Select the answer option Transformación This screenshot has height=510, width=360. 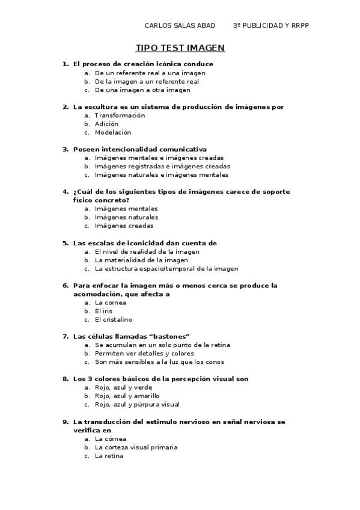click(x=120, y=115)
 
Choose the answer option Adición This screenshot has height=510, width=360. click(x=106, y=124)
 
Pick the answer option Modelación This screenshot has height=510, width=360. click(x=112, y=132)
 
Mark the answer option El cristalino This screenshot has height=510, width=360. click(x=113, y=319)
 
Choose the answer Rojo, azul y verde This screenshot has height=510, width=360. click(x=123, y=387)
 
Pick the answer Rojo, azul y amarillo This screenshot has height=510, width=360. click(x=127, y=396)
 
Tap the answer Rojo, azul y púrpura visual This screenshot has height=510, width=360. click(x=137, y=405)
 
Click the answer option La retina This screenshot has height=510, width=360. click(x=108, y=456)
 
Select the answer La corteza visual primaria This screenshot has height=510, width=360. click(x=136, y=447)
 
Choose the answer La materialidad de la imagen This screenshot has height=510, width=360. click(x=141, y=260)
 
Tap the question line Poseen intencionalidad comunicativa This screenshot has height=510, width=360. click(x=139, y=149)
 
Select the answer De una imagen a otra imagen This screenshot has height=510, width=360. click(x=142, y=90)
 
